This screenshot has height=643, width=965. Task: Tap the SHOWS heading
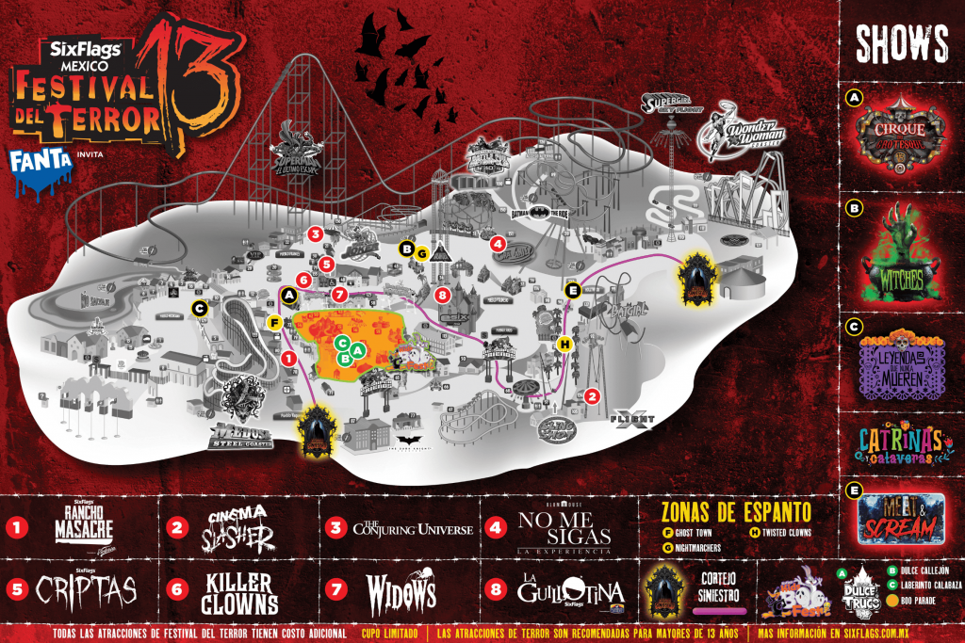[x=901, y=42]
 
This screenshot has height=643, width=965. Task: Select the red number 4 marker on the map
[x=498, y=242]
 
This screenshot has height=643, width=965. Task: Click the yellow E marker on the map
[x=571, y=290]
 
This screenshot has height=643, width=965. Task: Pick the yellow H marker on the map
[x=564, y=344]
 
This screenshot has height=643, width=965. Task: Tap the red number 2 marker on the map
[x=592, y=395]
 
